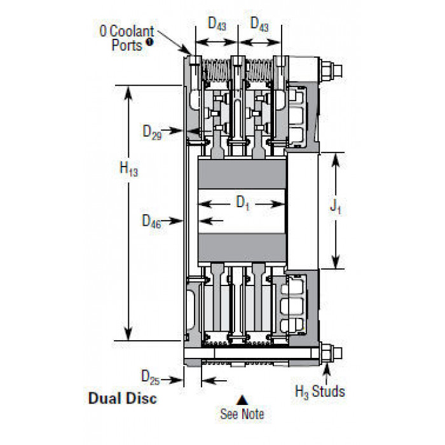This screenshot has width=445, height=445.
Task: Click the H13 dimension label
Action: point(128,168)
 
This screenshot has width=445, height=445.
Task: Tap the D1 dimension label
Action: point(243,203)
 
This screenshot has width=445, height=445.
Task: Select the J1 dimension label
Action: point(336,206)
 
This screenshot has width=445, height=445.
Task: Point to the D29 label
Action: point(152,132)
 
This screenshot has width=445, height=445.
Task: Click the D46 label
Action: point(151,221)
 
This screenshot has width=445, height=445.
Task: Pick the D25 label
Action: point(151,378)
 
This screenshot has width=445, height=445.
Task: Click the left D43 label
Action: point(217,24)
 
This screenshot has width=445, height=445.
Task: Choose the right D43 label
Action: point(259,24)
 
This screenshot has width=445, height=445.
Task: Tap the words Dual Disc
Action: point(122,398)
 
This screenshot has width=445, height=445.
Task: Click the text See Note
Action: point(242,414)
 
